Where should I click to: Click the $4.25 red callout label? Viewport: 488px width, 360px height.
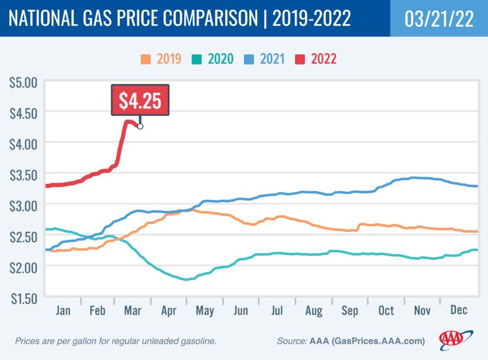pyautogui.click(x=140, y=100)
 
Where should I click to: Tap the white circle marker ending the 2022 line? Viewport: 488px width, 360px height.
pyautogui.click(x=140, y=125)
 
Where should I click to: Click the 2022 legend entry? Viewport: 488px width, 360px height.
pyautogui.click(x=323, y=59)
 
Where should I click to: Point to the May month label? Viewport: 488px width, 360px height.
pyautogui.click(x=205, y=311)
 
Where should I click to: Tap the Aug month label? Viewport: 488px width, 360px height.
pyautogui.click(x=313, y=311)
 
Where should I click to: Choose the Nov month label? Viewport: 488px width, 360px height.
pyautogui.click(x=421, y=311)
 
